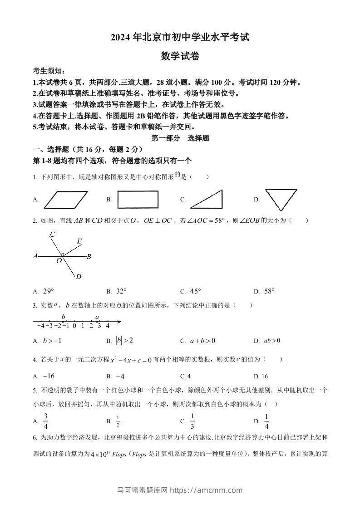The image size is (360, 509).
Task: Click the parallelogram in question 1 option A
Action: (x=66, y=199)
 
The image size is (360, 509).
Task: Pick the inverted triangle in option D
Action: (x=281, y=199)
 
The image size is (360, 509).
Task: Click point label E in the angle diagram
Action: (x=79, y=241)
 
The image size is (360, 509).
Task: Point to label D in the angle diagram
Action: (x=79, y=277)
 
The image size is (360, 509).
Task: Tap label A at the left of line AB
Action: (x=35, y=256)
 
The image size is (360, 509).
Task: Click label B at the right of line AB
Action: (x=89, y=256)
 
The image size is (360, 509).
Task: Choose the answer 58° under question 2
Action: (x=269, y=291)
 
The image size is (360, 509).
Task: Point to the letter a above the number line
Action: (x=97, y=317)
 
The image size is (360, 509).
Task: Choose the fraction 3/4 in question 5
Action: (x=45, y=421)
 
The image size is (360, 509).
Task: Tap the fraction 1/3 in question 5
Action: (x=192, y=421)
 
